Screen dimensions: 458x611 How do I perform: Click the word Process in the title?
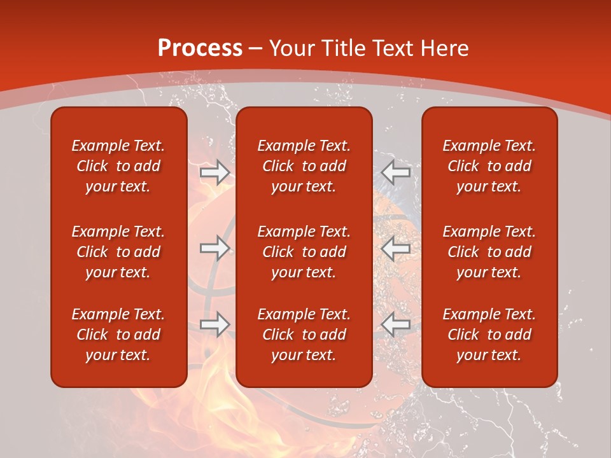point(200,48)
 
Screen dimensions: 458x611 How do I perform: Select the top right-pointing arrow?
point(214,172)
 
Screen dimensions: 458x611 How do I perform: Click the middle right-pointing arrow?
point(214,248)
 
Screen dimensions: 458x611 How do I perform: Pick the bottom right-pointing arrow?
point(214,324)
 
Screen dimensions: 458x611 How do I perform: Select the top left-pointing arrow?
point(396,172)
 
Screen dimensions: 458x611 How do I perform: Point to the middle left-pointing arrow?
point(396,248)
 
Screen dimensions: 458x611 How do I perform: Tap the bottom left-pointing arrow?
point(396,324)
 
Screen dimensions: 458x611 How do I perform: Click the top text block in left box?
point(118,166)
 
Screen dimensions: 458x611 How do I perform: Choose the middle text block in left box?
point(118,252)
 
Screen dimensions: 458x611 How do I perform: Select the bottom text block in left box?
point(118,335)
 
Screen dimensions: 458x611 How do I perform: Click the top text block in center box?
point(304,166)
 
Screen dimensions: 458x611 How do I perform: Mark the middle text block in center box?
point(304,252)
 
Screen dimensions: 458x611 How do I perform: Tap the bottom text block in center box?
point(304,335)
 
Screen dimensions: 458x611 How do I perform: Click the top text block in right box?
point(489,166)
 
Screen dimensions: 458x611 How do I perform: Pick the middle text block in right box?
point(489,252)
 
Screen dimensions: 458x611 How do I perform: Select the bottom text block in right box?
point(489,335)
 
